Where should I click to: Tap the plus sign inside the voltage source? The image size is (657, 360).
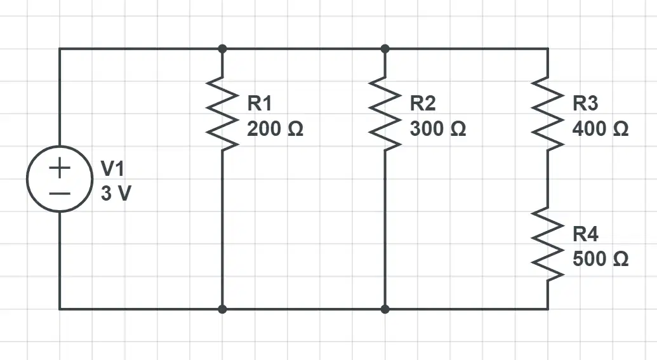pyautogui.click(x=60, y=168)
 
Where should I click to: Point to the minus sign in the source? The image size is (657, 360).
pyautogui.click(x=60, y=194)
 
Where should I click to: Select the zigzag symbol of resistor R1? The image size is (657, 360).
pyautogui.click(x=222, y=114)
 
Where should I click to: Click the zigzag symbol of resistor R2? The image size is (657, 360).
pyautogui.click(x=385, y=114)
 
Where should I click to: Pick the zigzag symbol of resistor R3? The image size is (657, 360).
pyautogui.click(x=548, y=114)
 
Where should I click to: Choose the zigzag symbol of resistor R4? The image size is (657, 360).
pyautogui.click(x=548, y=244)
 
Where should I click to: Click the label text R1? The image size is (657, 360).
pyautogui.click(x=260, y=103)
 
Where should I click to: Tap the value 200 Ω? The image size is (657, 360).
pyautogui.click(x=275, y=129)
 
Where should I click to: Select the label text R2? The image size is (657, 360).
pyautogui.click(x=422, y=103)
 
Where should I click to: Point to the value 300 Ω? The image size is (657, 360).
pyautogui.click(x=438, y=129)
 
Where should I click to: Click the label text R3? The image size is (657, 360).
pyautogui.click(x=585, y=103)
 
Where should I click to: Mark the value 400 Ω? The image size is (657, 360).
pyautogui.click(x=601, y=129)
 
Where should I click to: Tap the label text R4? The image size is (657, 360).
pyautogui.click(x=585, y=234)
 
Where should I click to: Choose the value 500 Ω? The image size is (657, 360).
pyautogui.click(x=601, y=259)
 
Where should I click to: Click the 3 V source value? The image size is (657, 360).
pyautogui.click(x=116, y=194)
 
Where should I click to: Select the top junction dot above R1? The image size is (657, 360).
pyautogui.click(x=223, y=49)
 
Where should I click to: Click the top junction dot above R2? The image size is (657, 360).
pyautogui.click(x=385, y=49)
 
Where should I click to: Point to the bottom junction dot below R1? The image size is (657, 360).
pyautogui.click(x=223, y=309)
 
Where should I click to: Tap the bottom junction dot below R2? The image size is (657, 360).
pyautogui.click(x=385, y=309)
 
